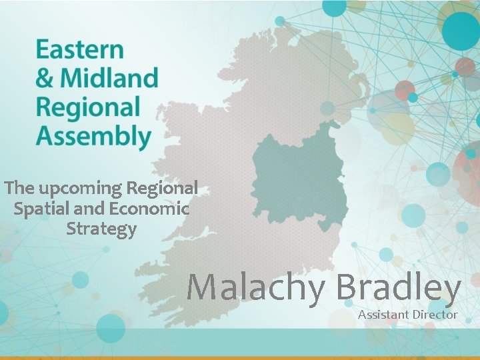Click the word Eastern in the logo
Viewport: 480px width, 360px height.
click(79, 50)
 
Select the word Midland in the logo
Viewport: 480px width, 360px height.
click(109, 79)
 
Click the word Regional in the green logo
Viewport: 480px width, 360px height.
click(88, 107)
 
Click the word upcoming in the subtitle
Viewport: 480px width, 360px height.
click(79, 189)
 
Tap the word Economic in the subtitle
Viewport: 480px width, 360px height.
click(149, 209)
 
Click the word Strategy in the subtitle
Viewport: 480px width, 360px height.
click(101, 230)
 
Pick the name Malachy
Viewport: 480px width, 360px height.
click(256, 287)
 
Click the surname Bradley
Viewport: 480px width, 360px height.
click(399, 287)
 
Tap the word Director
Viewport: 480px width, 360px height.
click(434, 314)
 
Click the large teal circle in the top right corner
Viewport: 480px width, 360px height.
click(461, 30)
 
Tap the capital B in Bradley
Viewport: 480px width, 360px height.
click(349, 287)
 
